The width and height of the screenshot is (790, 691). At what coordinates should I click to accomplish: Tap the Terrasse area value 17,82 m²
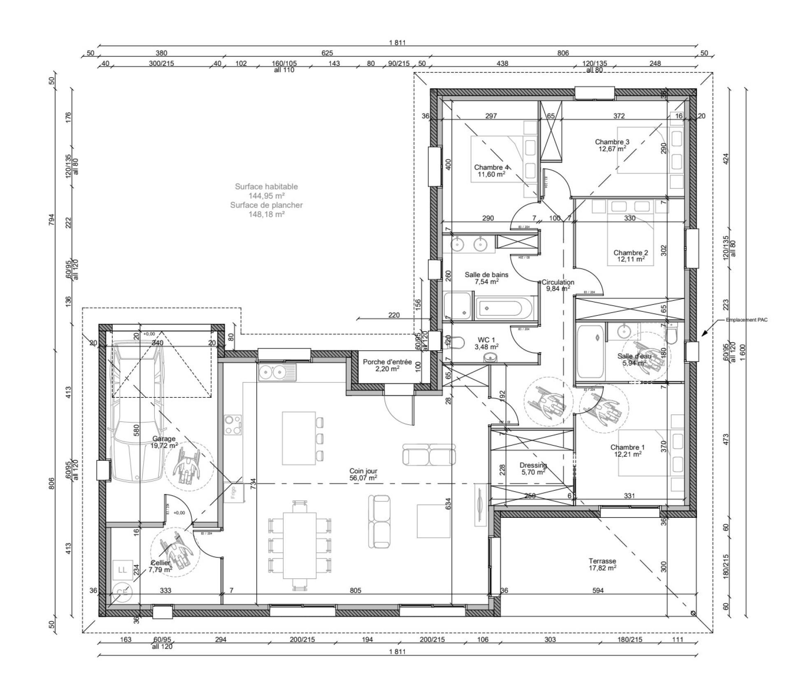coord(602,568)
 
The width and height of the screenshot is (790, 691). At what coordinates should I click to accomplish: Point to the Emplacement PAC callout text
coord(746,320)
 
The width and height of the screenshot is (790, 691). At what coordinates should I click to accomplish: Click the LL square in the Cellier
coord(122,570)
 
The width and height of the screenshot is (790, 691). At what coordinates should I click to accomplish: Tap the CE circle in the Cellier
coord(122,593)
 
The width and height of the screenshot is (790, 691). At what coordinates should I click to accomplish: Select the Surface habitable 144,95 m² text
coord(266,191)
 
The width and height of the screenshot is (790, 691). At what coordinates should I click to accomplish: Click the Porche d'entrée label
coord(387,362)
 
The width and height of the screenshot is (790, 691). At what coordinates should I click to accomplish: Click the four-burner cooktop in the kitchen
coord(233,425)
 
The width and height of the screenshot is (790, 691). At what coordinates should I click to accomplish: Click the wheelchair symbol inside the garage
coord(188,466)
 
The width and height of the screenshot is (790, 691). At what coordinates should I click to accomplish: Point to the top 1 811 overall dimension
coord(397,42)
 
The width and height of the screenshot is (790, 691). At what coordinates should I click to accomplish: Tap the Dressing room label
coord(533,465)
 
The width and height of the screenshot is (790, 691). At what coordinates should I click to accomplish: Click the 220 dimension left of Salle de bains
coord(394,315)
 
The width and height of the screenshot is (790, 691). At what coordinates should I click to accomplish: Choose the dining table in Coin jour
coord(299,545)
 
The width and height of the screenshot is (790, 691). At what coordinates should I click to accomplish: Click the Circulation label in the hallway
coord(558,282)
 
